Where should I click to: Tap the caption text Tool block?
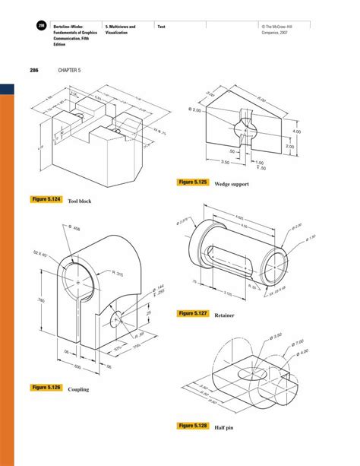point(80,201)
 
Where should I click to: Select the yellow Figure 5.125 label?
point(194,183)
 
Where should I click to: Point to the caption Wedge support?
point(232,185)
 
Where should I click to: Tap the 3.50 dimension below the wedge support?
point(226,162)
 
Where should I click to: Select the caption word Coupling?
point(78,389)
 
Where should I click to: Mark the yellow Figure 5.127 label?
point(194,313)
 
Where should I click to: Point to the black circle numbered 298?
point(40,27)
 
